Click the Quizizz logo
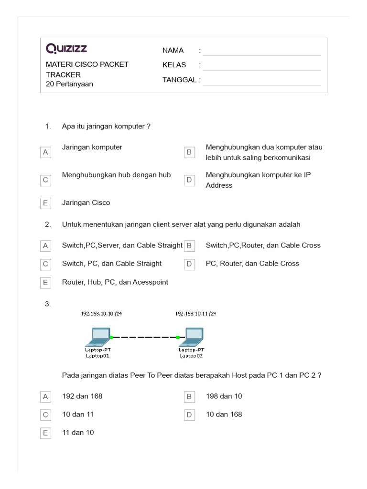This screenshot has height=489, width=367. click(66, 49)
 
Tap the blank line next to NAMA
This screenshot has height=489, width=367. click(261, 52)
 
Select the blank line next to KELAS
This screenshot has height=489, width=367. click(261, 66)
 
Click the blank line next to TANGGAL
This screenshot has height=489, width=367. click(261, 81)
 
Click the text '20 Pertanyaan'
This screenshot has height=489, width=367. click(69, 84)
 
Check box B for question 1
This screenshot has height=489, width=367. click(189, 152)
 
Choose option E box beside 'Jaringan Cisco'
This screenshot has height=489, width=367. click(45, 203)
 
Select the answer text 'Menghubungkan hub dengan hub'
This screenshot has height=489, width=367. click(116, 175)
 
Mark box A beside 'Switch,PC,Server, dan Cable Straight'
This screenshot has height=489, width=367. click(45, 246)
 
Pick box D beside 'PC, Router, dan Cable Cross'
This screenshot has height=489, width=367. click(189, 264)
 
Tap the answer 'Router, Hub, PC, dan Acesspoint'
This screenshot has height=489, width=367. click(115, 282)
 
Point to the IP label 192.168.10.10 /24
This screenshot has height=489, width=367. click(101, 314)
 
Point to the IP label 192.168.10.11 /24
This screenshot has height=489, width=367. click(195, 314)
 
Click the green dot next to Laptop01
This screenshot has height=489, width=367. click(111, 337)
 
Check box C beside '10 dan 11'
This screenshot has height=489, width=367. click(45, 415)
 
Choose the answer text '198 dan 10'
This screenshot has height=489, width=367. click(224, 396)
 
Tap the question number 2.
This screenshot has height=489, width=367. click(48, 224)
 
